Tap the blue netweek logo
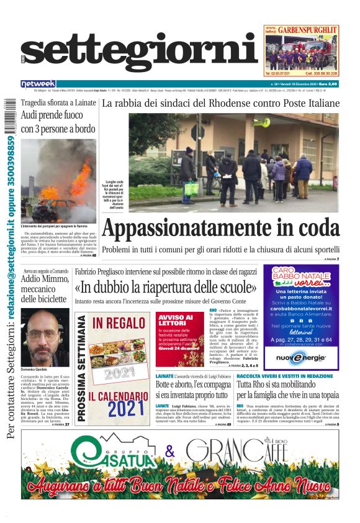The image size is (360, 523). click(38, 84)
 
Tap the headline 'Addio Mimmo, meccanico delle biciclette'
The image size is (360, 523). click(45, 288)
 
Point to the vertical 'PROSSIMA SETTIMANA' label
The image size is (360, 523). click(81, 369)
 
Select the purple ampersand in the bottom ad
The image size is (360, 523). click(169, 452)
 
